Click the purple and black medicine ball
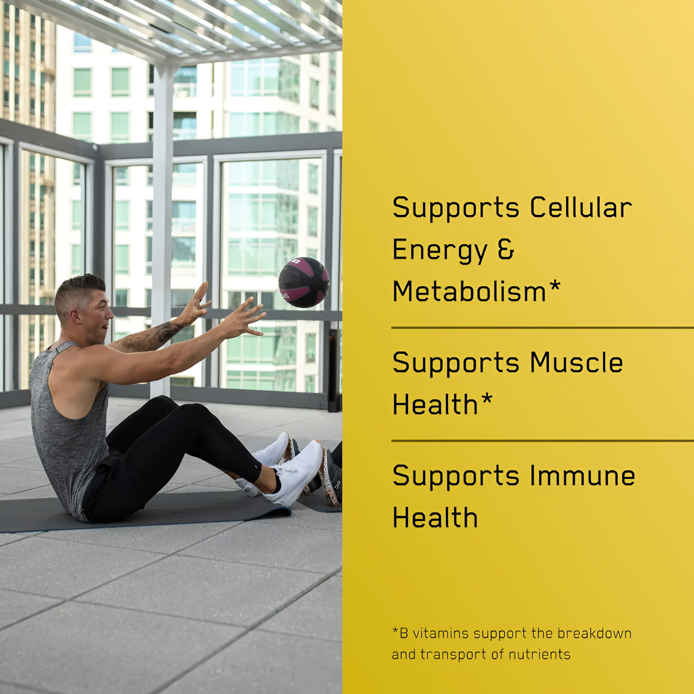click(304, 282)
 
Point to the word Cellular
click(581, 207)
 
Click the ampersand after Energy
click(507, 249)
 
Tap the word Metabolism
click(469, 291)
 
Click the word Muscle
click(576, 363)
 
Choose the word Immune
click(582, 475)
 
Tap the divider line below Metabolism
click(543, 328)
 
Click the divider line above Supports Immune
click(543, 441)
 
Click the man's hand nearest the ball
click(244, 317)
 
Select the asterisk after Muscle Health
click(486, 399)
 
